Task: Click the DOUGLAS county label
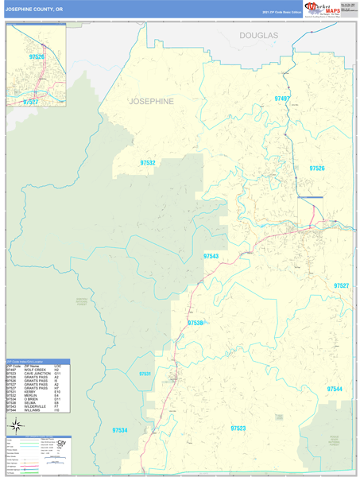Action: (x=259, y=36)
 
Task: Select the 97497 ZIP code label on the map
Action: (x=281, y=99)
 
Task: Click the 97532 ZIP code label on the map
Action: (x=147, y=163)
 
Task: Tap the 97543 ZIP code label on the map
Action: (x=211, y=256)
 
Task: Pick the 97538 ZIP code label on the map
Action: (x=195, y=323)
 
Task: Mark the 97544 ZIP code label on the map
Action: (x=334, y=389)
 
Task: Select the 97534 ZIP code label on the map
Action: (x=119, y=429)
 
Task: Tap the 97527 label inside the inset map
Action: (x=30, y=102)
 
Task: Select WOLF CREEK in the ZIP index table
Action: (x=35, y=370)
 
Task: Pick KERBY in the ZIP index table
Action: (x=31, y=392)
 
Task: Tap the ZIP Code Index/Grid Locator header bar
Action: (x=37, y=361)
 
